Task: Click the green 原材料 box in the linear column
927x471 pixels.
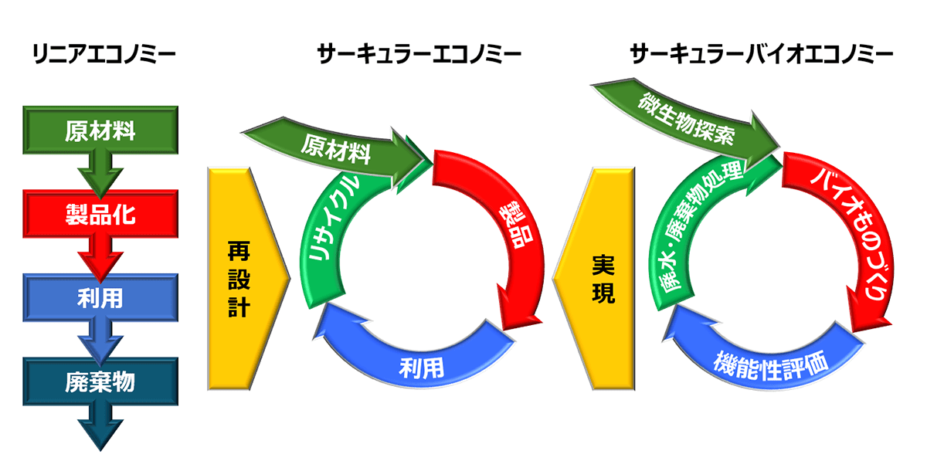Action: point(100,130)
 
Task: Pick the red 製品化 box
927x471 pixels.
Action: point(100,214)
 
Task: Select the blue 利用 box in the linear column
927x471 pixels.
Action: point(100,297)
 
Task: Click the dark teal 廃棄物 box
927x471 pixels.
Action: point(100,381)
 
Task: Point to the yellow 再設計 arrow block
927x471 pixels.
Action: point(239,278)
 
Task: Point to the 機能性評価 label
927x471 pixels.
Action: point(773,362)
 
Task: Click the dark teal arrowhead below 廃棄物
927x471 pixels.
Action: point(100,432)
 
